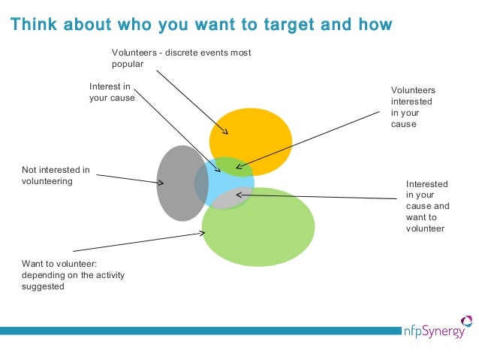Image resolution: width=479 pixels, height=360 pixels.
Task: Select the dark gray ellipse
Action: (177, 183)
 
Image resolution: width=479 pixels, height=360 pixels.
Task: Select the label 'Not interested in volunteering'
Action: (56, 175)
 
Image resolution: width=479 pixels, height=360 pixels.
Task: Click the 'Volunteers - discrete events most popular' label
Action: (181, 58)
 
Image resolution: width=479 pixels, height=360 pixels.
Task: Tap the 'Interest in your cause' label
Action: (111, 92)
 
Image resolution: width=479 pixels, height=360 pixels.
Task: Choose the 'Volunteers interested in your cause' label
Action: (413, 107)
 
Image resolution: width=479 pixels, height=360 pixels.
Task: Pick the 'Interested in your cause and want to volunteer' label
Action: (427, 206)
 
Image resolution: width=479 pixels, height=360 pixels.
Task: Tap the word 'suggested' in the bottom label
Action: (43, 286)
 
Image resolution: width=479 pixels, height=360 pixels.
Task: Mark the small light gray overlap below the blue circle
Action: (231, 198)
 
